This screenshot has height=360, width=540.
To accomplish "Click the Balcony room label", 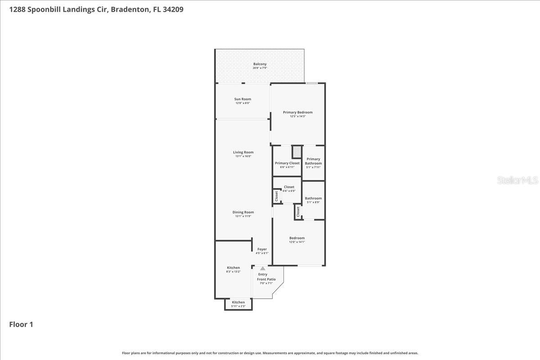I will [x=260, y=64].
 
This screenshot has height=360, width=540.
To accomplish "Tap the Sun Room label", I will [x=243, y=99].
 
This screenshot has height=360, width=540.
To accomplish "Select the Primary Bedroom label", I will [x=297, y=112].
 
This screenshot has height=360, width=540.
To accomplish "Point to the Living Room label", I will [x=243, y=153].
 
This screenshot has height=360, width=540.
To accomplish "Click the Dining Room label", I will [x=243, y=212].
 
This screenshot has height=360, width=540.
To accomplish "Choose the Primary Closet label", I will [x=287, y=163].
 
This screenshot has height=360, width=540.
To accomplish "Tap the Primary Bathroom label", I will [x=313, y=161].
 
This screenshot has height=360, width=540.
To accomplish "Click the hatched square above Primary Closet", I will [x=297, y=152].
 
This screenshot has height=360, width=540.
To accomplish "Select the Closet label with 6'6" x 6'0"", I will [x=289, y=187].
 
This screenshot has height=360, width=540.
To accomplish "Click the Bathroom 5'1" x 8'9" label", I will [x=313, y=198].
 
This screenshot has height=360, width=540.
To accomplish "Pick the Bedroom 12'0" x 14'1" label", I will [x=297, y=238].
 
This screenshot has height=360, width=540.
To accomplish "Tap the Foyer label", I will [x=262, y=249].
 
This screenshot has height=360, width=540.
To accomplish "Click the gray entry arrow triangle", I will [x=263, y=269].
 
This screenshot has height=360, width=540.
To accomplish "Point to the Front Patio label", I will [x=266, y=279].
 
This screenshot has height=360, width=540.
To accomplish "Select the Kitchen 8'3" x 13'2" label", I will [x=233, y=268].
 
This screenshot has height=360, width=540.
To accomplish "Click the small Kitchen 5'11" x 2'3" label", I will [x=238, y=302].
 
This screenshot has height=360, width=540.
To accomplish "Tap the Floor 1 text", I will [x=21, y=324].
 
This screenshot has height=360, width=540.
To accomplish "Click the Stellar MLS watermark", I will [x=517, y=180].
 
